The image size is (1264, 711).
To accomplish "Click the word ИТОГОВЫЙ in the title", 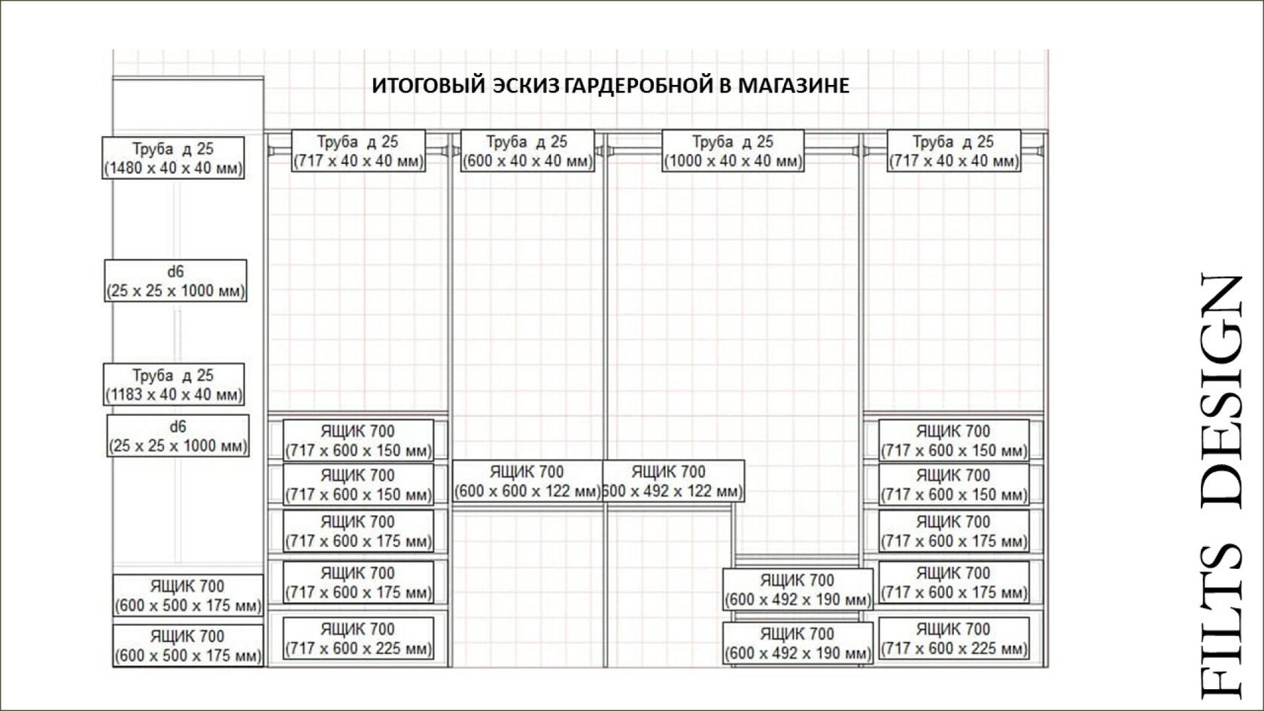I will click(428, 85).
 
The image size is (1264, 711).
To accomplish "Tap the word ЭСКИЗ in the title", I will click(526, 85).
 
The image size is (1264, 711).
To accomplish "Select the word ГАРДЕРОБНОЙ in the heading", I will click(639, 85).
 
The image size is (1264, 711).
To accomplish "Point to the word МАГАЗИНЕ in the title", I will click(793, 85).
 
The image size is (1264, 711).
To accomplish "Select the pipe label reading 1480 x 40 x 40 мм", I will click(173, 158).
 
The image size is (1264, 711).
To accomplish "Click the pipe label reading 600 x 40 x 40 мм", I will click(527, 150).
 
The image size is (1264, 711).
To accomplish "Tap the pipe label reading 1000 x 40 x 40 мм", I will click(733, 150).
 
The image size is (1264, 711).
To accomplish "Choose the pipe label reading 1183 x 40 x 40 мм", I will click(174, 384).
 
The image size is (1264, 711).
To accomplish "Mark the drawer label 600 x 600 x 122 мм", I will click(527, 482).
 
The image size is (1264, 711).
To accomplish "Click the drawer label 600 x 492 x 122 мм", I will click(673, 482).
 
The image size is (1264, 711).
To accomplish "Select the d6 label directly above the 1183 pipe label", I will click(175, 281).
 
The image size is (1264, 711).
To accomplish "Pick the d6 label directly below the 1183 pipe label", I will click(178, 436).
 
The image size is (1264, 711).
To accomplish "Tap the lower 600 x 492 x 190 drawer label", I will click(798, 643).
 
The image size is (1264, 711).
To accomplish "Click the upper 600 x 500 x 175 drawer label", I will click(188, 595).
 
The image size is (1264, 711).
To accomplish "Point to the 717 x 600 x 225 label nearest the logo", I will click(953, 639).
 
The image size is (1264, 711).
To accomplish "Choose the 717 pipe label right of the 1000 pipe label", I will click(953, 150).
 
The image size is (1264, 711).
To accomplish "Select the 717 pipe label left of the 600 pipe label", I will click(358, 150).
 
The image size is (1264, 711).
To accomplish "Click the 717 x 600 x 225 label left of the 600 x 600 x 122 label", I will click(358, 639).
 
